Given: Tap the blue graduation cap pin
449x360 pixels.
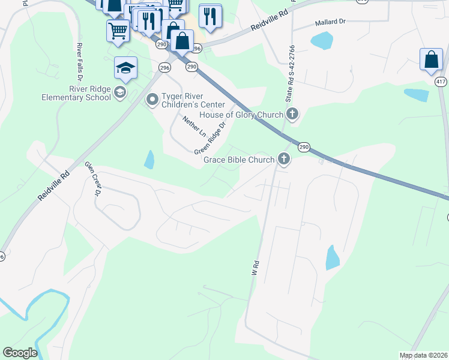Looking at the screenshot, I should [x=126, y=68].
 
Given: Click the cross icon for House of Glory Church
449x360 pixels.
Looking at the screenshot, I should [x=292, y=114].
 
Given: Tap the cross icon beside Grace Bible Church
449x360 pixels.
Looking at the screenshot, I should [x=283, y=160].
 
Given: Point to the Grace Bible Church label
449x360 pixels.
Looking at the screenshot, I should [x=239, y=160].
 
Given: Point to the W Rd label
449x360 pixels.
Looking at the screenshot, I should [x=255, y=267].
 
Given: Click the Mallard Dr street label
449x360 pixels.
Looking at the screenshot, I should [x=331, y=22].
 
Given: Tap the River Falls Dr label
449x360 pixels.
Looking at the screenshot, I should [x=79, y=64].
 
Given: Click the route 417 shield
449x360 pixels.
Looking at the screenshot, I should [x=441, y=80].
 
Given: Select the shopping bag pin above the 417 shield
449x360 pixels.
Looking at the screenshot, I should [x=431, y=60].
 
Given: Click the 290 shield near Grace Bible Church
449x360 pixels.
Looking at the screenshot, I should [x=304, y=147].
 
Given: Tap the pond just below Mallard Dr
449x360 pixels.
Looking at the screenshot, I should [x=322, y=41].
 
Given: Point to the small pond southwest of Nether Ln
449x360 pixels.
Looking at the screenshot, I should [x=149, y=159].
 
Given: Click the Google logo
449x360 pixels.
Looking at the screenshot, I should [x=20, y=353].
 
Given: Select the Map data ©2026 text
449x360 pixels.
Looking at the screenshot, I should [x=423, y=355].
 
